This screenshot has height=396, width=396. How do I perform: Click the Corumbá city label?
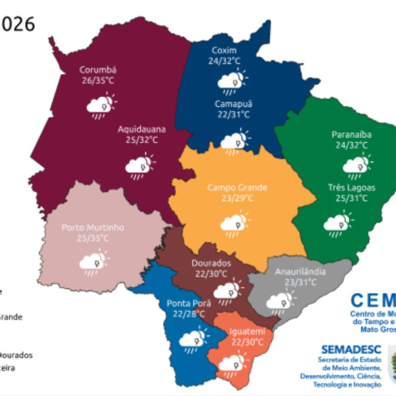coord(98,70)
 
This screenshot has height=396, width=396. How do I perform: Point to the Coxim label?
coord(224,51)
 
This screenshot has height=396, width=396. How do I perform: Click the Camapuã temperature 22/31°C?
coord(232,114)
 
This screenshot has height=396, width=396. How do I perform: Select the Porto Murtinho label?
coord(93,227)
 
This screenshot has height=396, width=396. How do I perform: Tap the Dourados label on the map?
coord(211,262)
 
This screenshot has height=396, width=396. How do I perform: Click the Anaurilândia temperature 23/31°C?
coord(300,281)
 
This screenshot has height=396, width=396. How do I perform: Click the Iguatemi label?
coord(248,331)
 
